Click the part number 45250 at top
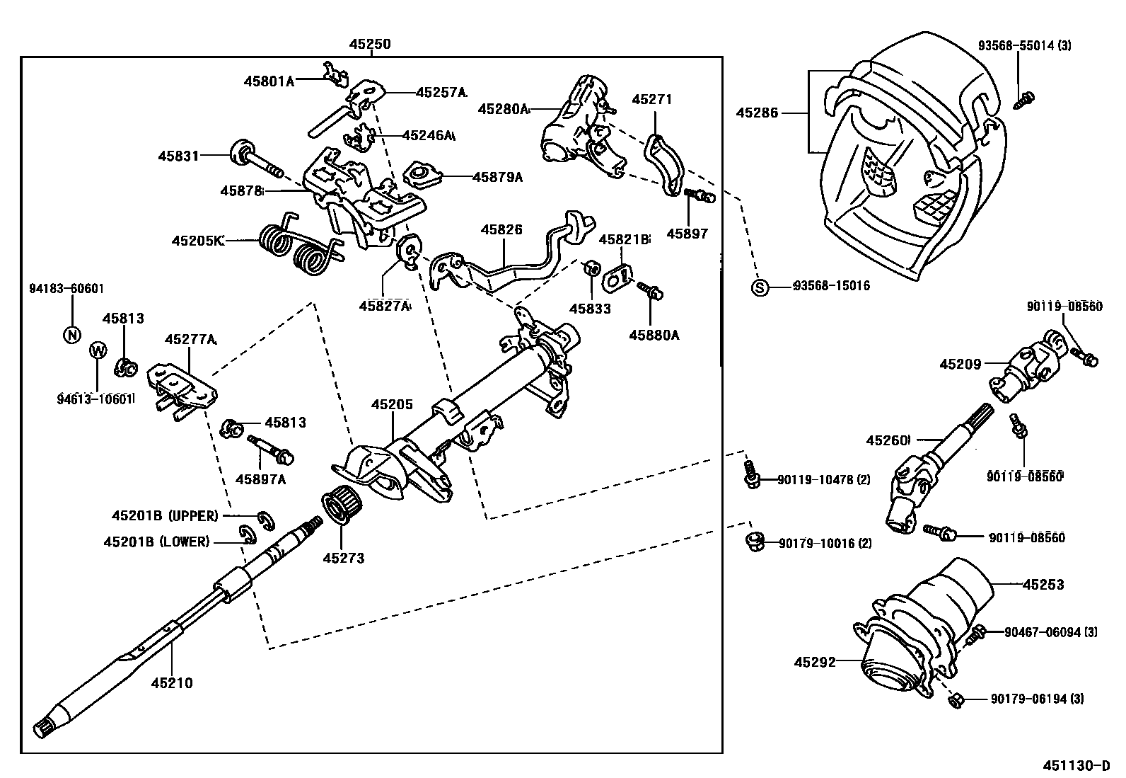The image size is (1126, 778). [369, 44]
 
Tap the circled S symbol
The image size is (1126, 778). [759, 287]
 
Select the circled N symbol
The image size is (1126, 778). [72, 335]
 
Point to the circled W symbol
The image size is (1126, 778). [98, 350]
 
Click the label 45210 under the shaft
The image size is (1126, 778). [171, 683]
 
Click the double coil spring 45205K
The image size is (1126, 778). [297, 248]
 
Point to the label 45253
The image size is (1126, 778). [1043, 585]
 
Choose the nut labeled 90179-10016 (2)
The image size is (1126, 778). [755, 542]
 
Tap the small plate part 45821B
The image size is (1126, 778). [619, 278]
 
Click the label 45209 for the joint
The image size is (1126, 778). [960, 365]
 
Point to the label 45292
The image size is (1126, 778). [815, 663]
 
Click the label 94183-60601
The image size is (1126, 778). [66, 288]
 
